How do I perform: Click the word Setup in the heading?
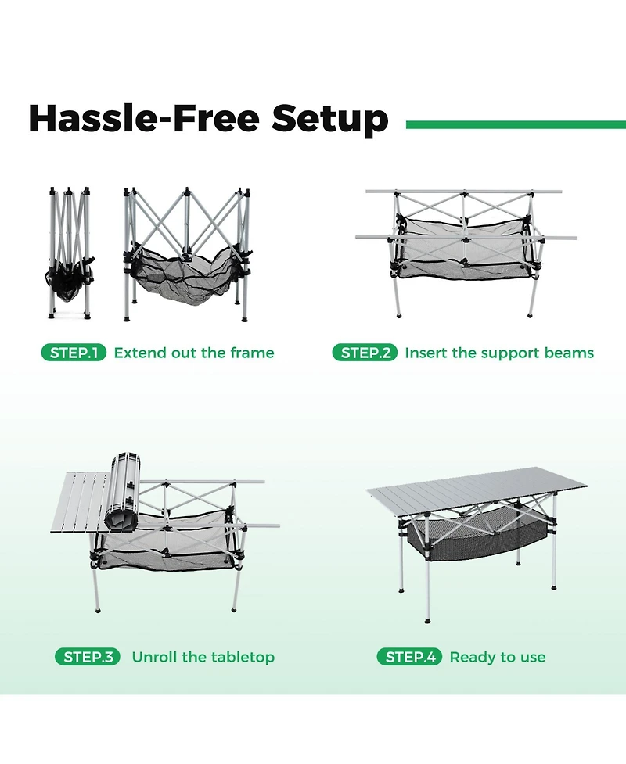(329, 120)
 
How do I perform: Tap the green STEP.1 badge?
(73, 353)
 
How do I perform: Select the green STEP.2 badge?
(365, 353)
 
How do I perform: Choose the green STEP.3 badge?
(87, 657)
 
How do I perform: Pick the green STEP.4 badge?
(409, 657)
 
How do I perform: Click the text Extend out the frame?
(194, 353)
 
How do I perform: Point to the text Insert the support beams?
(499, 353)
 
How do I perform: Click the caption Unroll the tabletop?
(203, 657)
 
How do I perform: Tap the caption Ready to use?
(498, 657)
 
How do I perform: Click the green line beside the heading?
(516, 124)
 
